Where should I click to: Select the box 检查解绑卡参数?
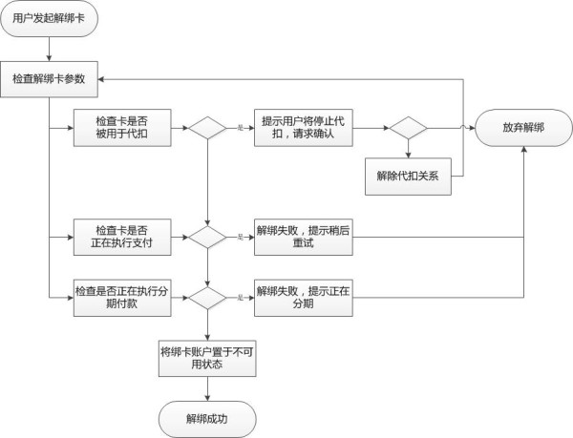pos(50,77)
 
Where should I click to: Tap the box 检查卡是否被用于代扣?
pos(120,128)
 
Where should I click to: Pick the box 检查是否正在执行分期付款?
pos(120,298)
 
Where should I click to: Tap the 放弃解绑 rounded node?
pos(524,128)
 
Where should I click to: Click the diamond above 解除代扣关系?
pos(408,128)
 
